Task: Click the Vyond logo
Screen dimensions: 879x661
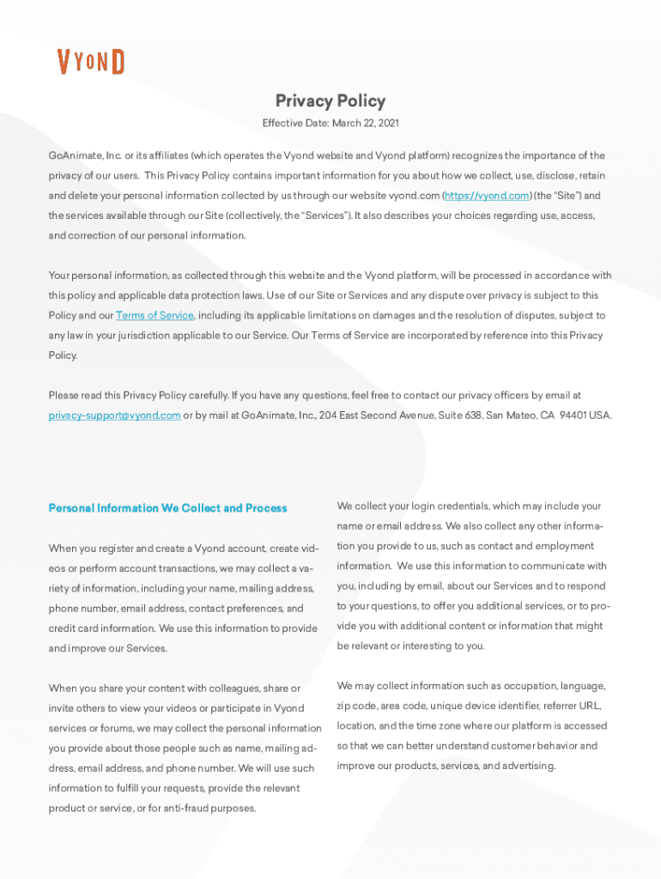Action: tap(91, 62)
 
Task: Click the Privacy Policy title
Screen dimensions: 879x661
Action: tap(330, 101)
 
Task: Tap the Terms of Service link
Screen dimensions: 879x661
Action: tap(155, 316)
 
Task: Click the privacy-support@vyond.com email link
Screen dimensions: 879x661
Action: tap(114, 415)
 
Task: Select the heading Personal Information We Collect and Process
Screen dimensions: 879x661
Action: tap(167, 508)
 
